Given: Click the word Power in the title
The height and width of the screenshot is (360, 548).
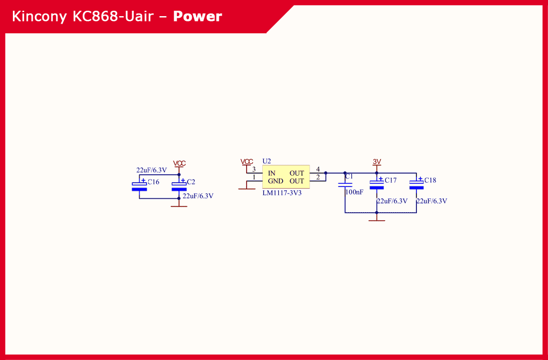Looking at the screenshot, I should pos(197,17).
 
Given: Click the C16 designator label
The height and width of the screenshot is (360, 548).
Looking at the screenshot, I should pos(154,182).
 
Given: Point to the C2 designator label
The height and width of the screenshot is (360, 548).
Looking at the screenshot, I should pos(191,182).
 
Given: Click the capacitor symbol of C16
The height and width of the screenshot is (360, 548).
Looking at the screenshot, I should pos(139,186).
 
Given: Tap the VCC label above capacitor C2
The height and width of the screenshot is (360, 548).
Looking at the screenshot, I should pos(179,163).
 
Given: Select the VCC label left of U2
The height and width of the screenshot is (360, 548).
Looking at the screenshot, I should pos(247,161).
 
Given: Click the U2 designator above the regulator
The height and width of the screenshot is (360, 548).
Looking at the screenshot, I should pos(266,161).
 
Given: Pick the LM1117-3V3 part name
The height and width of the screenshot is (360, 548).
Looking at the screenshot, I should pos(282,192).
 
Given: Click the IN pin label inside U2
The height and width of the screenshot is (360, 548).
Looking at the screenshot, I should pos(272,173).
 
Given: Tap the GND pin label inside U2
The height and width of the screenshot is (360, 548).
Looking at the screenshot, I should pos(276,181).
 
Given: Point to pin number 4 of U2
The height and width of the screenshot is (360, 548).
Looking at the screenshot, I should pos(318,169).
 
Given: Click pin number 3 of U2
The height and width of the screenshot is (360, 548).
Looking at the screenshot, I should pos(254,169).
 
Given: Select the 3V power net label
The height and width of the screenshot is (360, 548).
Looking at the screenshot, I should pos(377,161).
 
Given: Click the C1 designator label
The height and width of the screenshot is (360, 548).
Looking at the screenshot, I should pos(349,176).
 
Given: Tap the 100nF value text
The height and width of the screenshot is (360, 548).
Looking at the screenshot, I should pos(354,192).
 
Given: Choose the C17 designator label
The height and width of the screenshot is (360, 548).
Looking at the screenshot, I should pos(391,181).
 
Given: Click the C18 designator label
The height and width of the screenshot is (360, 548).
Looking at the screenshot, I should pos(430,181).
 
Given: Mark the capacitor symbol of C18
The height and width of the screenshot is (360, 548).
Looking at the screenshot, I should pos(416,184).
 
